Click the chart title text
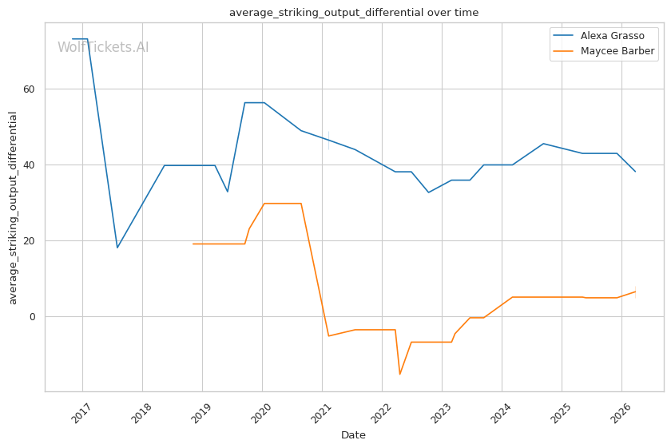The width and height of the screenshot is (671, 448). pos(354,13)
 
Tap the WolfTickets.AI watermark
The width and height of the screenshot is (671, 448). pos(103,47)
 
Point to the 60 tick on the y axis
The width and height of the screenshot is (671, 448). pos(29,89)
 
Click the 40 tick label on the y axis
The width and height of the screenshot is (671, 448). pos(29,165)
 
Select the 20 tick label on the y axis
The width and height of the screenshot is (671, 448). pos(29,241)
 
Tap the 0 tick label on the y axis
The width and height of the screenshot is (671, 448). pos(32,317)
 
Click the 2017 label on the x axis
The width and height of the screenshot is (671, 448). pos(81,413)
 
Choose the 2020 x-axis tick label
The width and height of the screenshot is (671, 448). pos(260,413)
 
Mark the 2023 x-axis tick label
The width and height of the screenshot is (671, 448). pos(440,413)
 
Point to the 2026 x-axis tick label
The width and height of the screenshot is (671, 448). pos(620,413)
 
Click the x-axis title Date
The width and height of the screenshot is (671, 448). pos(353,435)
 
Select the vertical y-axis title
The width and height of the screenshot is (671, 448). pos(13,208)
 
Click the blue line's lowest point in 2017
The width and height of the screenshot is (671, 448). pos(117,248)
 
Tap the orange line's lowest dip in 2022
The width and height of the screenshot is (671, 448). pos(400,375)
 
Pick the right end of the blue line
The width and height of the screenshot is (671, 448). pos(636,172)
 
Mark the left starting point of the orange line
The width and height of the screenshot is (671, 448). pos(193,244)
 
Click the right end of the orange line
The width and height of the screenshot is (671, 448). pos(636,291)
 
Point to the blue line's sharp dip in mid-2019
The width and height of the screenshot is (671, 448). pos(227,192)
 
